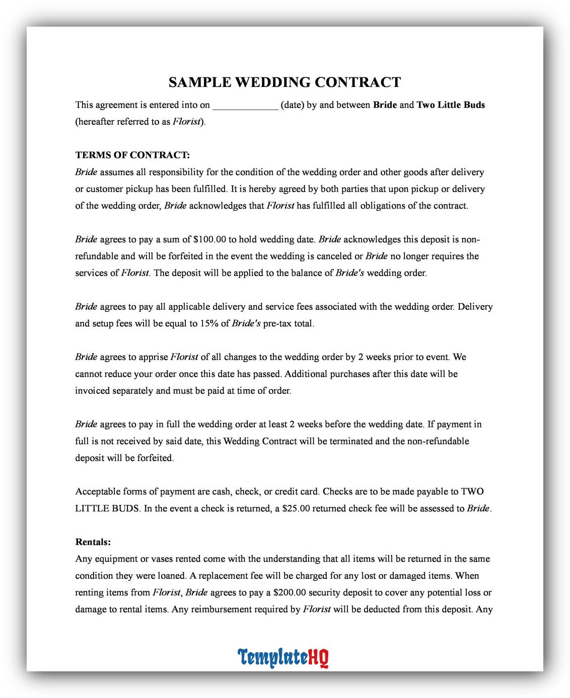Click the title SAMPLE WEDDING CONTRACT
pos(284,82)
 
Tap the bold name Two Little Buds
pos(451,105)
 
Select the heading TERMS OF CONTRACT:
pos(132,155)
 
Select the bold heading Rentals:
pos(93,542)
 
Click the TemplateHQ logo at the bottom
pos(283,657)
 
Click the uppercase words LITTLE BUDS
pos(107,508)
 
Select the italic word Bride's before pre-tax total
pos(246,323)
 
